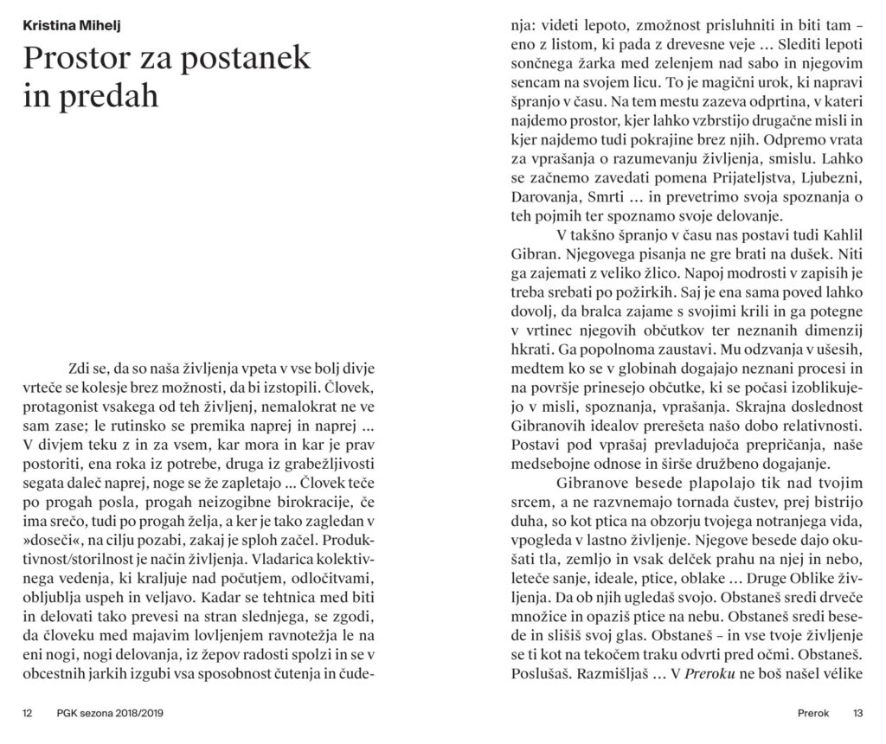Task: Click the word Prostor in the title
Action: [x=78, y=58]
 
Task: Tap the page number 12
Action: [x=28, y=714]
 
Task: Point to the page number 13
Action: [x=857, y=714]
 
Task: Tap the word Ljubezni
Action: [x=827, y=178]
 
